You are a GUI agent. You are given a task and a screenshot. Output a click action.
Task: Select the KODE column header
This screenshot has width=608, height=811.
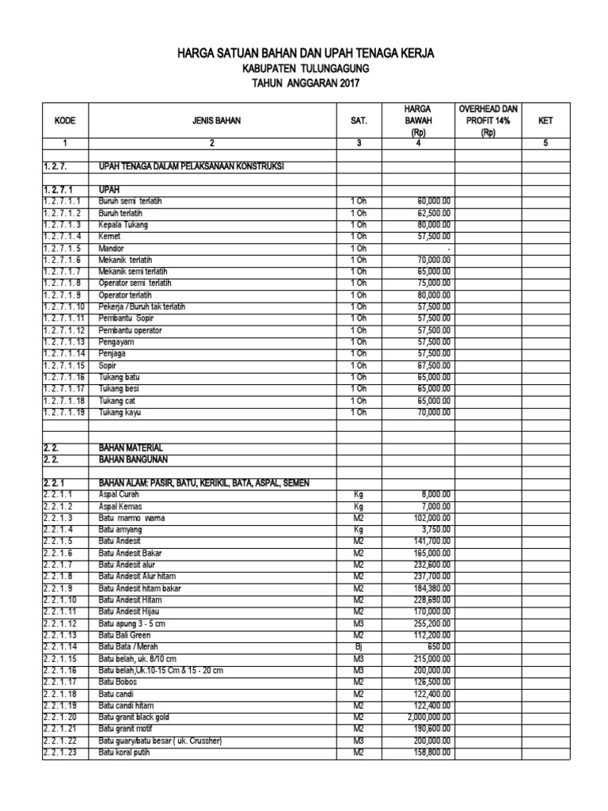click(66, 121)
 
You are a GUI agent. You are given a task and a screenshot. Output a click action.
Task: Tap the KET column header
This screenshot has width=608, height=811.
click(545, 121)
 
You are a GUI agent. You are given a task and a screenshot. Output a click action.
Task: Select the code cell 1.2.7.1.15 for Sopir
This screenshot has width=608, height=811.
click(63, 366)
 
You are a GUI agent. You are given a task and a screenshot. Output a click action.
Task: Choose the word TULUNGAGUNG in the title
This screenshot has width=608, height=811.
click(332, 69)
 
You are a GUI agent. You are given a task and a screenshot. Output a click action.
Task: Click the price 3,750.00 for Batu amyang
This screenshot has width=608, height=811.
click(435, 528)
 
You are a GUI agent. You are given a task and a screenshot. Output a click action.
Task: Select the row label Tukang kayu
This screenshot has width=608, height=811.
click(120, 413)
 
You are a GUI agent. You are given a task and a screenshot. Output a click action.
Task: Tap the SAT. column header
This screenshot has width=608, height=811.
click(359, 121)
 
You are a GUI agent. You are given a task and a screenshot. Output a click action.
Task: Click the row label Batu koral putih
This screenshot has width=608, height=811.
click(124, 752)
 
